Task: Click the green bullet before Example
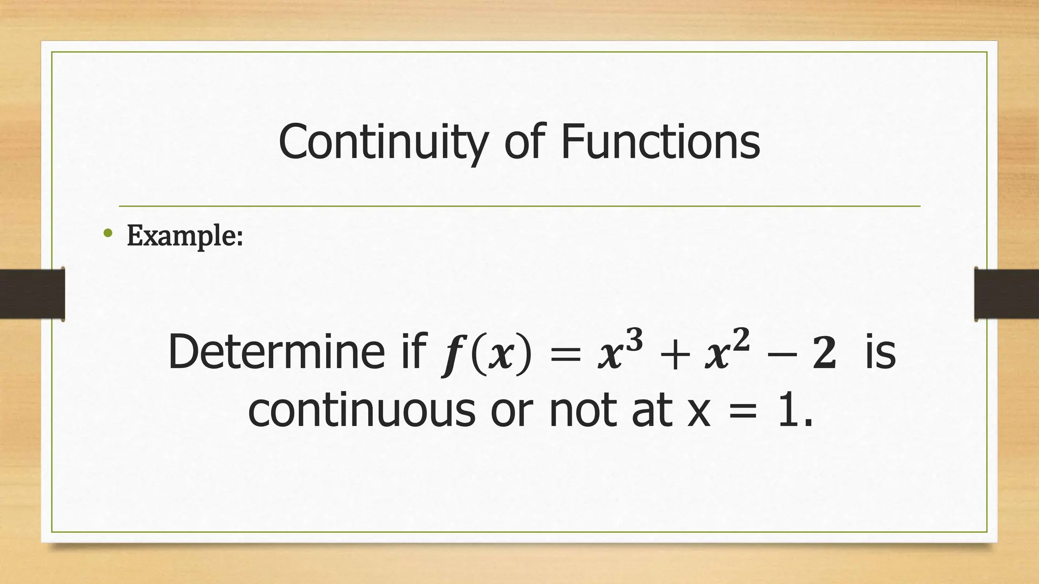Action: [x=107, y=233]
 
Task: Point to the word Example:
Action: [x=185, y=236]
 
